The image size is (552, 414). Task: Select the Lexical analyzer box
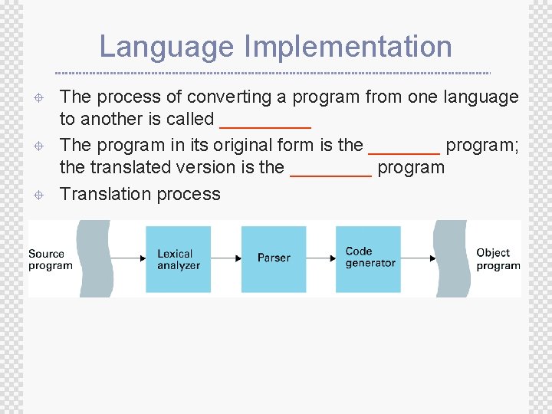point(178,259)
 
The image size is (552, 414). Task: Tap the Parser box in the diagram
point(274,258)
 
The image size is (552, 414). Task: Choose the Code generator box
point(368,258)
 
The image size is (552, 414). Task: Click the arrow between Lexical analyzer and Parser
point(226,258)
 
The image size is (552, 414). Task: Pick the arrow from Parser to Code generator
point(320,258)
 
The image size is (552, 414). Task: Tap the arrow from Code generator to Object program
point(418,258)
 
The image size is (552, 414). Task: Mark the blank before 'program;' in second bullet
point(404,149)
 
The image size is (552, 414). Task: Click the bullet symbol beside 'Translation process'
point(38,195)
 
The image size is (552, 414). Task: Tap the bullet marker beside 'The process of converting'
point(38,98)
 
